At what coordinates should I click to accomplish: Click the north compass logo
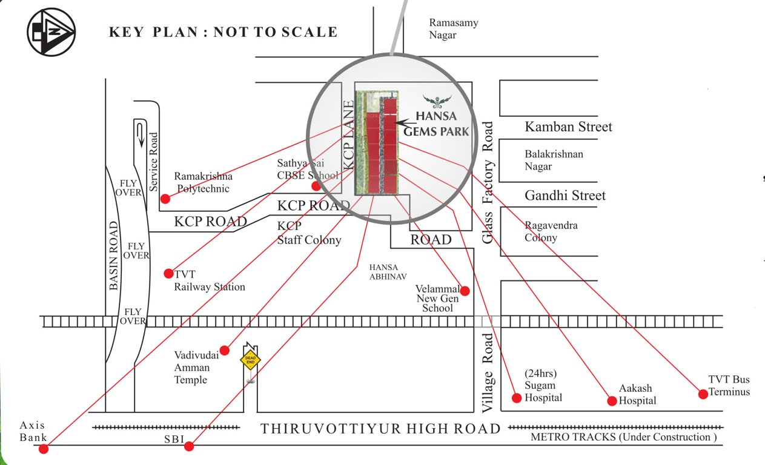point(51,32)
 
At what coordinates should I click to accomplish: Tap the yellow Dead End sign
point(250,360)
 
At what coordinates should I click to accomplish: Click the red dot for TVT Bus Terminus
point(703,394)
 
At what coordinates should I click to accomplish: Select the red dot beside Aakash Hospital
point(612,401)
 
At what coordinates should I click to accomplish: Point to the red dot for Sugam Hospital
point(517,398)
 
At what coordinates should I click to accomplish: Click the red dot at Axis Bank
point(43,449)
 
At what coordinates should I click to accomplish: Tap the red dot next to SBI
point(189,446)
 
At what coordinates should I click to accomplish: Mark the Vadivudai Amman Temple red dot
point(225,350)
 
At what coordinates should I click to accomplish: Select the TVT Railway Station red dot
point(169,273)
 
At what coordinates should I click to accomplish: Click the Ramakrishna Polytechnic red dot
point(165,198)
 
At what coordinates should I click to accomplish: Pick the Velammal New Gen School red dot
point(465,291)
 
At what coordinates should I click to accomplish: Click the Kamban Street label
point(568,127)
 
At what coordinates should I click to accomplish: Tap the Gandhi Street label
point(565,196)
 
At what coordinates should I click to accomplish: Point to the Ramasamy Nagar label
point(454,29)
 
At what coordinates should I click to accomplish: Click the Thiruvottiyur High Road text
point(380,429)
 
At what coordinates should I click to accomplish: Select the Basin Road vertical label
point(114,256)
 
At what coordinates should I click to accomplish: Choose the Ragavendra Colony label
point(551,231)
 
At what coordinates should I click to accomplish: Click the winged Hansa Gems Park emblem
point(437,100)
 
